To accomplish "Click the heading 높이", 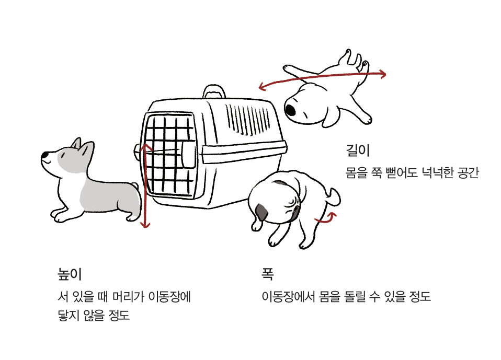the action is click(70, 274).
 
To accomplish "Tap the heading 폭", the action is click(267, 274).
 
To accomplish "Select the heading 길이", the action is click(358, 150).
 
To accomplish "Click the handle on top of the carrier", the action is click(214, 91).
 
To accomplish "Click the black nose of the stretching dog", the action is click(290, 110).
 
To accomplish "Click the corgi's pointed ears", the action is click(83, 148).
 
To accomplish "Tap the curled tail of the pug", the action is click(334, 197).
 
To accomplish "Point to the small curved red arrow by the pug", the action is click(326, 218).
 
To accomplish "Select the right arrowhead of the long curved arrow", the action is click(382, 74).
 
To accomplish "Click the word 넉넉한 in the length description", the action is click(437, 172).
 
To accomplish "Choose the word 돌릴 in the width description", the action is click(355, 296).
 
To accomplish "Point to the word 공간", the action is click(468, 172).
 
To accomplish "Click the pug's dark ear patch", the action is click(261, 212).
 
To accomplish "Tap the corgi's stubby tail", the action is click(135, 185).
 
